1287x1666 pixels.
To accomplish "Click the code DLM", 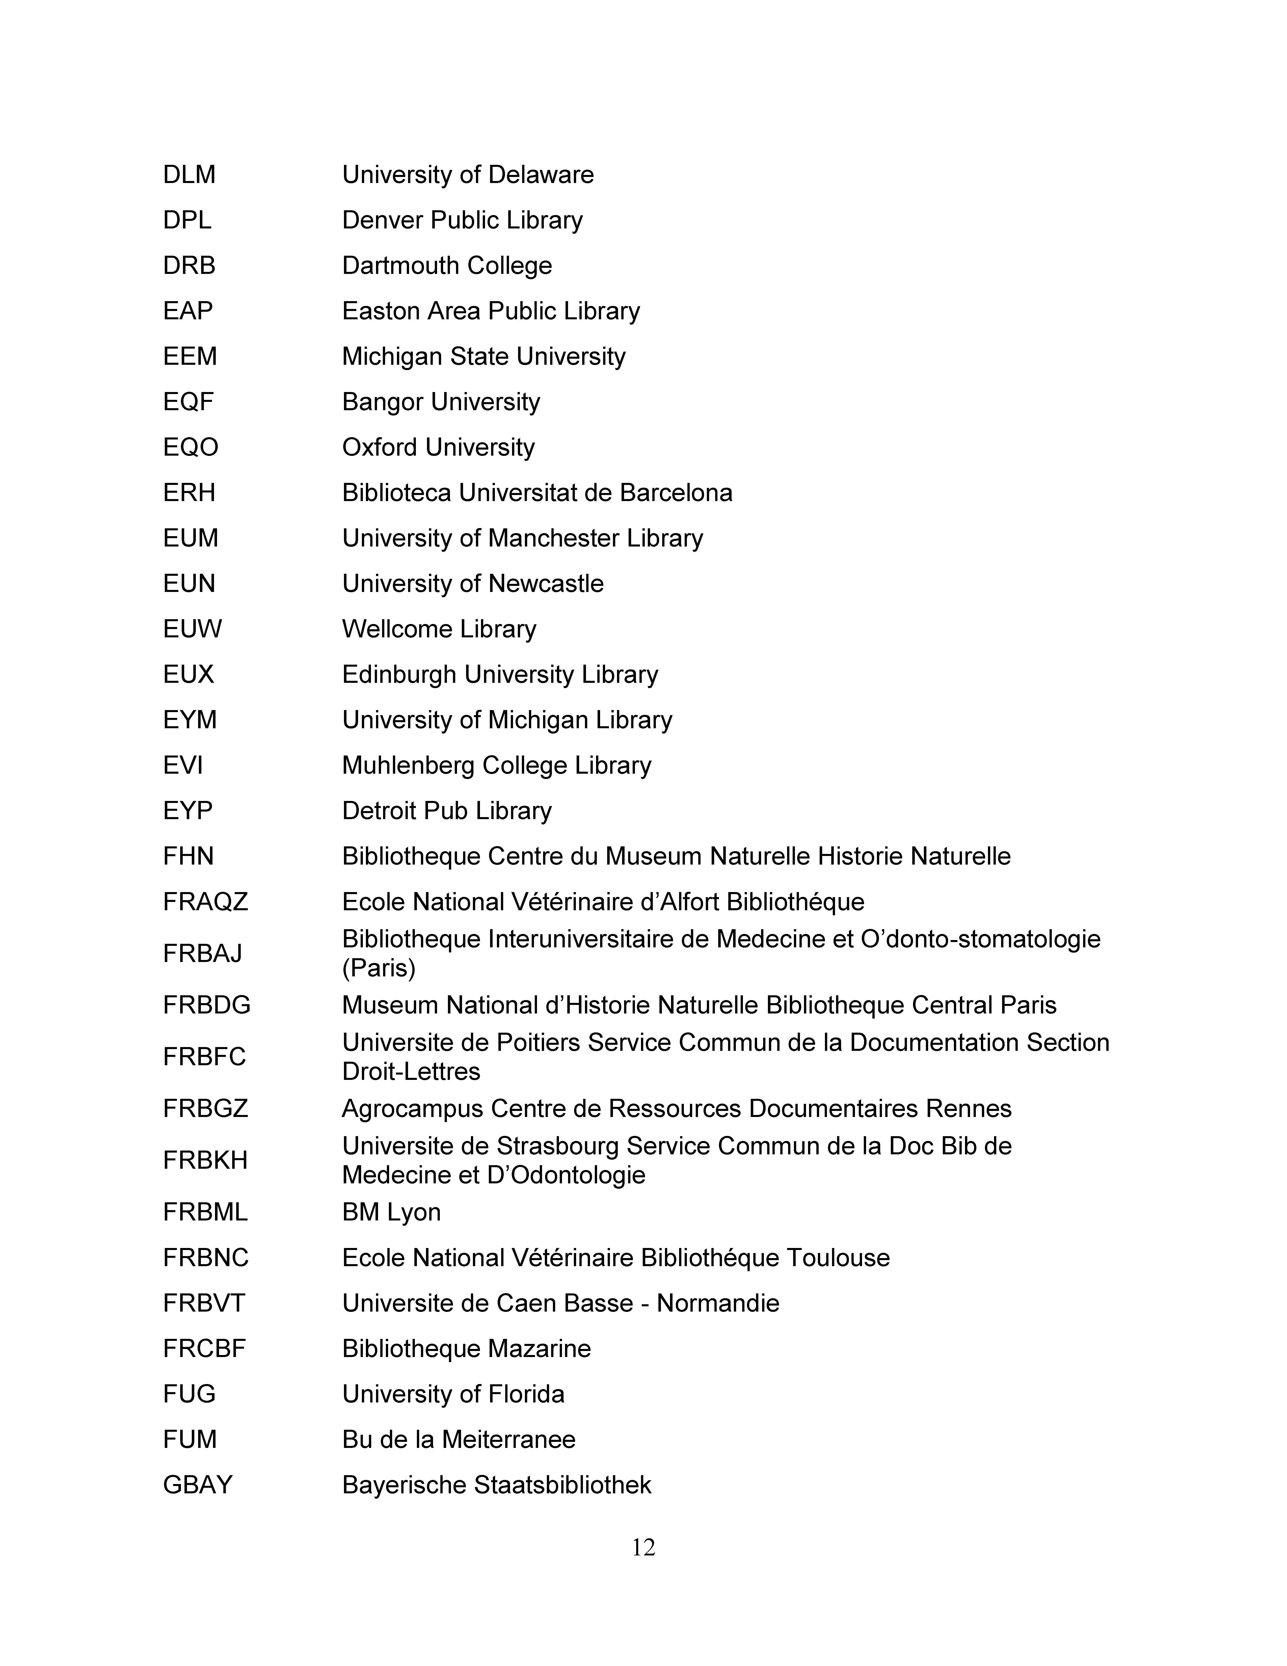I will click(x=189, y=175).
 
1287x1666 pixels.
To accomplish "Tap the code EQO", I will click(x=191, y=447).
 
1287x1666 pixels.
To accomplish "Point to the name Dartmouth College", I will click(x=447, y=266).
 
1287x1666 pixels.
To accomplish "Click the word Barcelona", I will click(x=676, y=493).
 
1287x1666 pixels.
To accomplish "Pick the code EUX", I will click(x=188, y=674).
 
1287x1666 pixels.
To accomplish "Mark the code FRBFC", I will click(x=204, y=1056).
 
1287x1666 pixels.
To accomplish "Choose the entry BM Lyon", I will click(x=391, y=1212).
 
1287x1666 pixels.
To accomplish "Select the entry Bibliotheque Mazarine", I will click(x=466, y=1349).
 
